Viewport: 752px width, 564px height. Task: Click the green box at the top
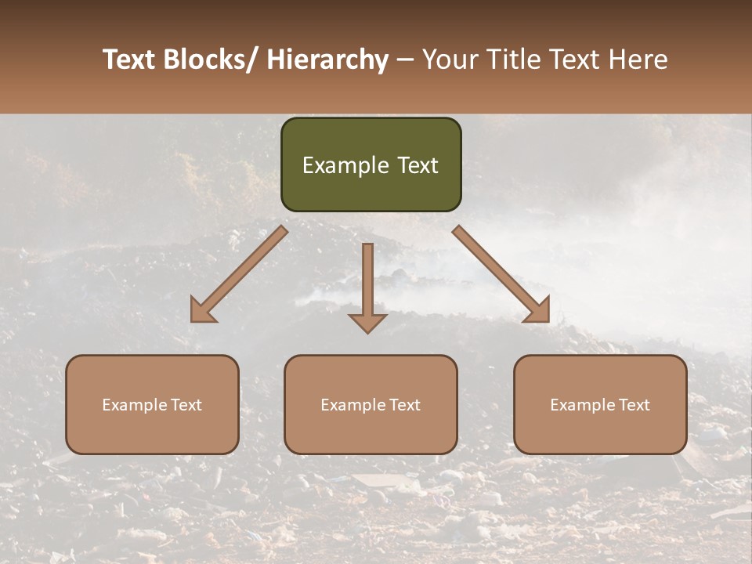point(371,164)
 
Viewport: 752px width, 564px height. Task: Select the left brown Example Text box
point(152,404)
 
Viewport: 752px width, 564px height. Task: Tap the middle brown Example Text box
point(371,404)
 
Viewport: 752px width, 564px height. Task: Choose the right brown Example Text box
point(600,404)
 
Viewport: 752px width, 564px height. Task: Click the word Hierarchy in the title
point(327,60)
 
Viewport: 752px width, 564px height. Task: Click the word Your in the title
point(451,60)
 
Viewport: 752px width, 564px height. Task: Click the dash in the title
point(405,60)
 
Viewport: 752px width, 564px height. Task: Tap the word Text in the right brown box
point(634,405)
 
